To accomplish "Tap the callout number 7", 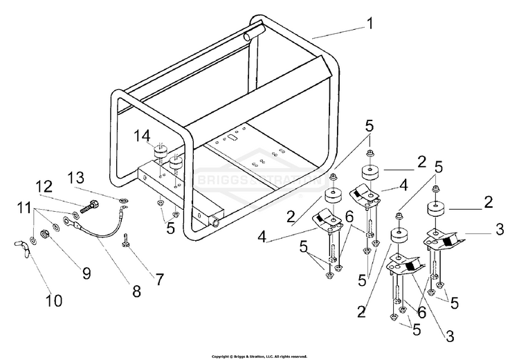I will (x=160, y=280).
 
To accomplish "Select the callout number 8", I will (x=136, y=291).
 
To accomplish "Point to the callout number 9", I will (x=86, y=273).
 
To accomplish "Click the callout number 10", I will (x=54, y=300).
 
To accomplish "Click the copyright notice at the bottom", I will (x=259, y=356).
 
